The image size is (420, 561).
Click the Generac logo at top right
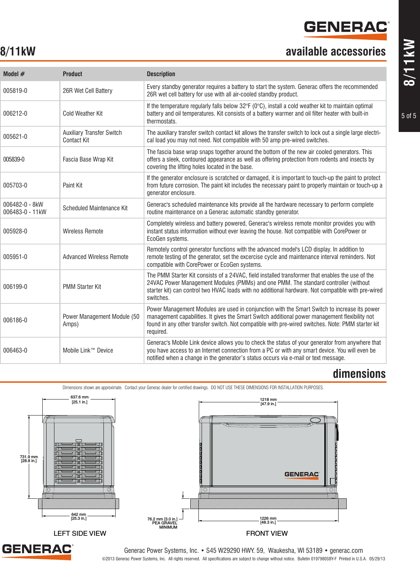[x=346, y=30]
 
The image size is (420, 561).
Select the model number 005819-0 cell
[x=15, y=91]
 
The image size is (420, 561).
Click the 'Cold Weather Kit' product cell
[x=83, y=113]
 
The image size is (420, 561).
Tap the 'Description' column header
[x=161, y=74]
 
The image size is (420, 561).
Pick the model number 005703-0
[x=15, y=185]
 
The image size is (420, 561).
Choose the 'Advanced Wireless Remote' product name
[x=95, y=257]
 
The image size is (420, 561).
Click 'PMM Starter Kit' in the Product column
[x=82, y=287]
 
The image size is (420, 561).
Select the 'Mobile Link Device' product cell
[x=88, y=350]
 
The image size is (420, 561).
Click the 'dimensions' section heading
[x=359, y=374]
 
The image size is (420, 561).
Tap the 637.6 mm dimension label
[x=79, y=397]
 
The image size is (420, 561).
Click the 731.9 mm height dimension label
[x=29, y=457]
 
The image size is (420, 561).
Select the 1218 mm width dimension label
[x=268, y=399]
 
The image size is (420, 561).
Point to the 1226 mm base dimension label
[x=268, y=518]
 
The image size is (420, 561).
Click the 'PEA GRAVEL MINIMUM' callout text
[x=165, y=525]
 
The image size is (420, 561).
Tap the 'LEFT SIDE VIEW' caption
[x=80, y=533]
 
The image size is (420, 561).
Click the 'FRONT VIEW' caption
[x=267, y=533]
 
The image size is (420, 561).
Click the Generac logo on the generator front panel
[x=302, y=475]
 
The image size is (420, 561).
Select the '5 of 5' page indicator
[x=409, y=116]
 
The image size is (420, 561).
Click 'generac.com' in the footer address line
[x=346, y=550]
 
